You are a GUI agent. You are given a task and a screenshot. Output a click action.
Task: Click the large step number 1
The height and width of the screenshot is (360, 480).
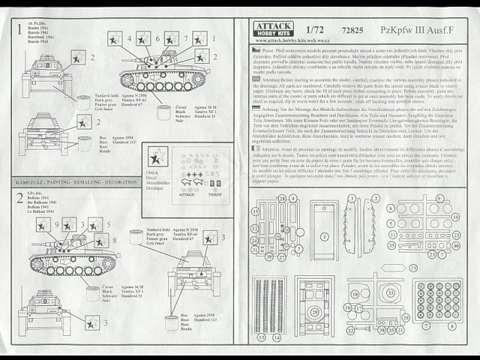16,30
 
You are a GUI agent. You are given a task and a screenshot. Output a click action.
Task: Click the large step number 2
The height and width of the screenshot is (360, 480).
16,198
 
